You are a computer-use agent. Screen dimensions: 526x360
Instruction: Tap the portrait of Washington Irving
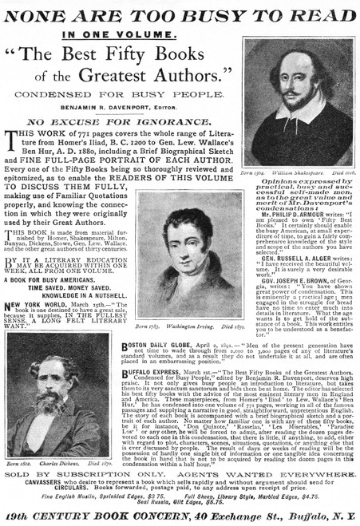[x=189, y=243]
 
